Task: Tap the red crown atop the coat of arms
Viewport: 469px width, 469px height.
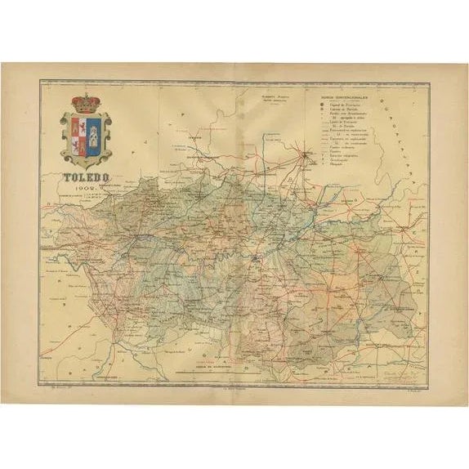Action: point(85,103)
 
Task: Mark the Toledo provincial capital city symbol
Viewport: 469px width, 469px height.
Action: point(257,258)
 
